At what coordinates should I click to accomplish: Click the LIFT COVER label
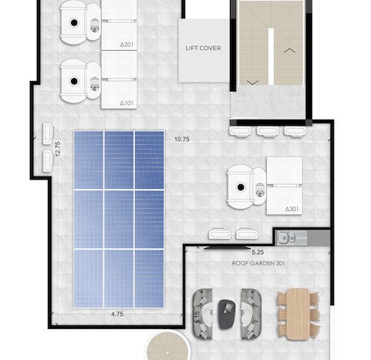tap(203, 48)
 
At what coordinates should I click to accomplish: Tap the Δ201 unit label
tap(126, 45)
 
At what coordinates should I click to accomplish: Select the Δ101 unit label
tap(126, 103)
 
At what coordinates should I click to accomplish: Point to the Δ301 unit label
tap(292, 209)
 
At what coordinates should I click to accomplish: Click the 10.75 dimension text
tap(182, 140)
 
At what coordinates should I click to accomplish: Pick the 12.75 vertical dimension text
tap(58, 149)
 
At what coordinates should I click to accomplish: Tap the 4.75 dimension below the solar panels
tap(117, 314)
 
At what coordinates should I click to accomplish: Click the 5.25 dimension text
tap(258, 252)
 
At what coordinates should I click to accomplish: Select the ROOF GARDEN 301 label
tap(258, 264)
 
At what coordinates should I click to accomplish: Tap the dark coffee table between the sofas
tap(227, 315)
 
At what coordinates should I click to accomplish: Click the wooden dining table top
tap(298, 314)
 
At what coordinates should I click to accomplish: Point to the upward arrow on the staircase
tap(289, 51)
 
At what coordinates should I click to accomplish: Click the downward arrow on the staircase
tap(252, 82)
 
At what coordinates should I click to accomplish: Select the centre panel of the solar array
tap(119, 219)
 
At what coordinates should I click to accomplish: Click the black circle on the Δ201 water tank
tap(74, 22)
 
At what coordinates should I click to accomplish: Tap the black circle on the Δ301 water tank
tap(241, 187)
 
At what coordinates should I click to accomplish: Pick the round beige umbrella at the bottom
tap(168, 346)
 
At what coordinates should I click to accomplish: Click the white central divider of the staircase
tap(271, 56)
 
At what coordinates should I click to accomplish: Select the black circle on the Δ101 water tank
tap(74, 81)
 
